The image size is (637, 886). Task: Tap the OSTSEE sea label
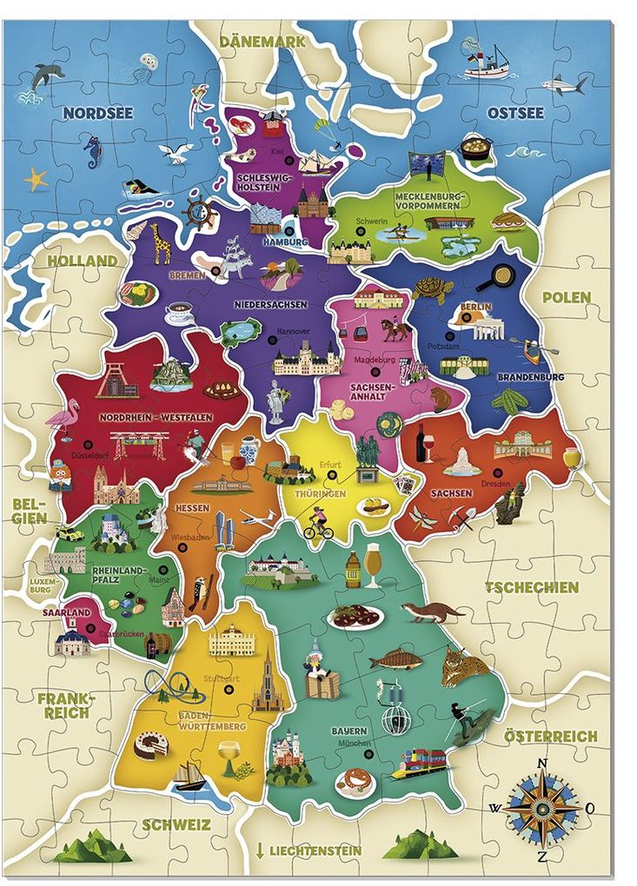click(515, 113)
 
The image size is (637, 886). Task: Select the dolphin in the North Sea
click(47, 76)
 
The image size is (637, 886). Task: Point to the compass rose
click(541, 804)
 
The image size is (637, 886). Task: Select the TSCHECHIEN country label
click(531, 587)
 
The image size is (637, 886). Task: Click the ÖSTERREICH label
click(551, 736)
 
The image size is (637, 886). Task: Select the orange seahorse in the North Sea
click(92, 151)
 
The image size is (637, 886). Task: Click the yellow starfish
click(36, 179)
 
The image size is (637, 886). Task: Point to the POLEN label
click(567, 297)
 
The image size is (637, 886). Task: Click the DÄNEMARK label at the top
click(262, 42)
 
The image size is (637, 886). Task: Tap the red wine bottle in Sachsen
click(422, 442)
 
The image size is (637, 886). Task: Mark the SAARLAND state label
click(66, 612)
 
